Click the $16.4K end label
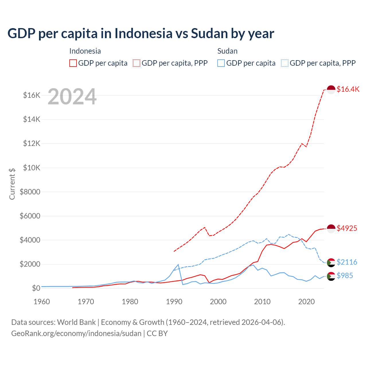(x=348, y=89)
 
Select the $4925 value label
(x=347, y=228)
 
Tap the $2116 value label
(x=347, y=262)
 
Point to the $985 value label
(x=345, y=276)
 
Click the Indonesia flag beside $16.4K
(x=331, y=89)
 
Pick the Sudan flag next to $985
(x=331, y=276)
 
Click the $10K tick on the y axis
(x=32, y=168)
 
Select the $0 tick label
(x=36, y=288)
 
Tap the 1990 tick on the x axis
(x=174, y=302)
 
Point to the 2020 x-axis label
(x=307, y=302)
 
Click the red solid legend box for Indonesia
(x=73, y=63)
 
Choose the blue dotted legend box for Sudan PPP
(x=285, y=63)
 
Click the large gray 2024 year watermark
(x=72, y=97)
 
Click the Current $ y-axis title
(x=12, y=184)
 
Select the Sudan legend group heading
(x=227, y=51)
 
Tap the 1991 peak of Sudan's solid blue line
(x=178, y=264)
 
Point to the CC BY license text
(x=157, y=333)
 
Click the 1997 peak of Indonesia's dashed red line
(x=204, y=227)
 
